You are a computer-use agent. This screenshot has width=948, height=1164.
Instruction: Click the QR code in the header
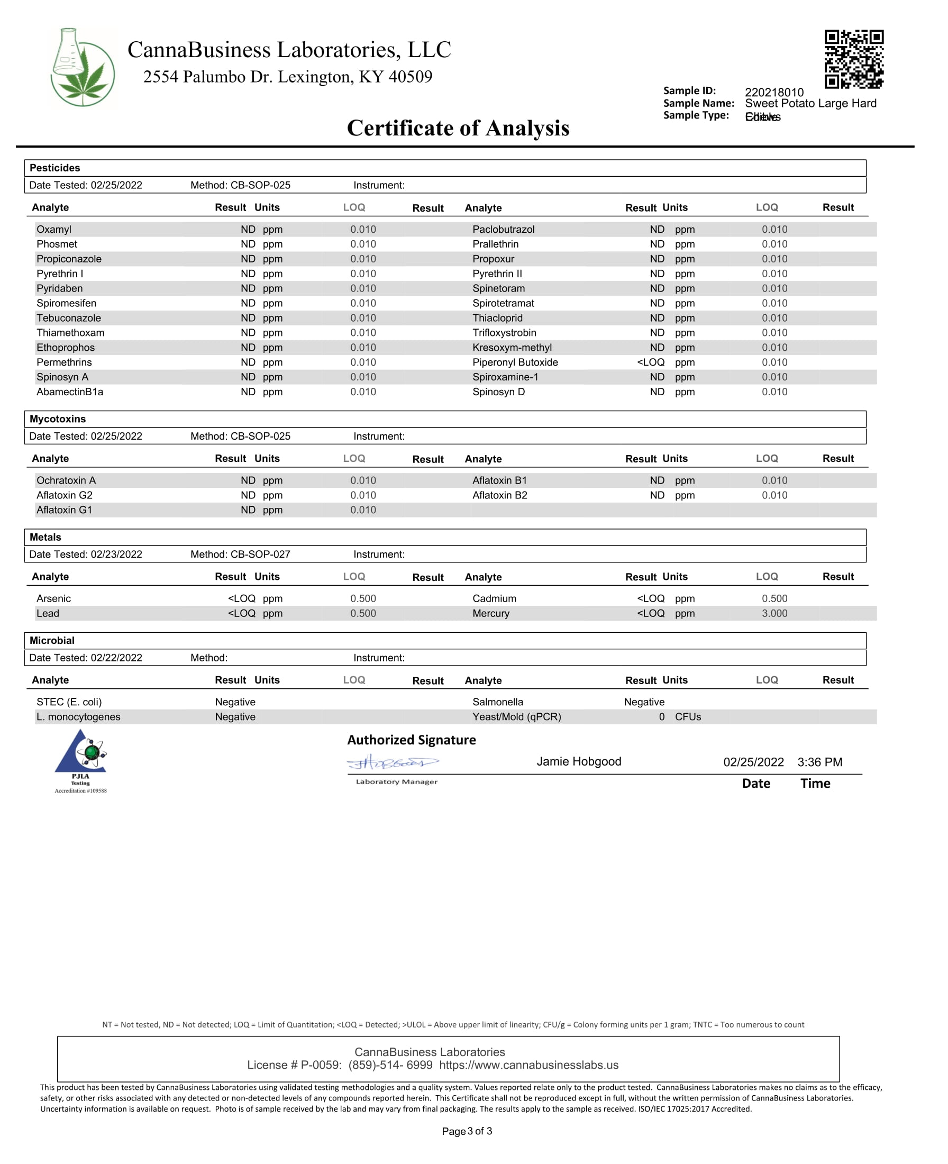(x=853, y=59)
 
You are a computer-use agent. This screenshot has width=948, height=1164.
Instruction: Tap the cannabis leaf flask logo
(x=83, y=67)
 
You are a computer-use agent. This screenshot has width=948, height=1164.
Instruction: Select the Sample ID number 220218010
(x=774, y=92)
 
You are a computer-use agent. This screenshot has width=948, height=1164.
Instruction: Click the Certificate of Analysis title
(x=458, y=129)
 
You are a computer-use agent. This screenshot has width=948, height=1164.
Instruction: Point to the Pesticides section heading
(x=54, y=168)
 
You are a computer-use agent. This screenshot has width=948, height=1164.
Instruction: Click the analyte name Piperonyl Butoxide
(x=515, y=362)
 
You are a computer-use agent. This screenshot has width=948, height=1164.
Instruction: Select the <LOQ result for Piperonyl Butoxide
(x=650, y=362)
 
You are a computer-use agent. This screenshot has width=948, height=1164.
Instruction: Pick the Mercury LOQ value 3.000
(x=774, y=613)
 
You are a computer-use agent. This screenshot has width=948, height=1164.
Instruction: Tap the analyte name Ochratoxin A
(x=66, y=480)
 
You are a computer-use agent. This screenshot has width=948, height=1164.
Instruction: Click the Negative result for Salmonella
(x=644, y=702)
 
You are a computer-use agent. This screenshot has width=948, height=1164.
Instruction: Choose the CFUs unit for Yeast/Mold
(x=688, y=716)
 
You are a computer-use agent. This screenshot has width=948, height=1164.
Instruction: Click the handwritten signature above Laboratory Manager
(x=393, y=762)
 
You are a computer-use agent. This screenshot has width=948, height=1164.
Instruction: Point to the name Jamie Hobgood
(x=578, y=761)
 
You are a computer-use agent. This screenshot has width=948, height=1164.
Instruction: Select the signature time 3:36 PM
(x=819, y=762)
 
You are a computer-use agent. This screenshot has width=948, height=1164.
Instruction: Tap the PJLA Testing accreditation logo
(x=81, y=760)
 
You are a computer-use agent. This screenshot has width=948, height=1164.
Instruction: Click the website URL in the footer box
(x=528, y=1065)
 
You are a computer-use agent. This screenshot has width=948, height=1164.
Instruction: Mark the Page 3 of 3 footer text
(x=467, y=1131)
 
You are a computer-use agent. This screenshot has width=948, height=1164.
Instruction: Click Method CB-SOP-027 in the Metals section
(x=240, y=554)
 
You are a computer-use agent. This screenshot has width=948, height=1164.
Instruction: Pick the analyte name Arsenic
(x=53, y=598)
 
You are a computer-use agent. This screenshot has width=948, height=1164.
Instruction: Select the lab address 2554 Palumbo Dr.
(x=287, y=77)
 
